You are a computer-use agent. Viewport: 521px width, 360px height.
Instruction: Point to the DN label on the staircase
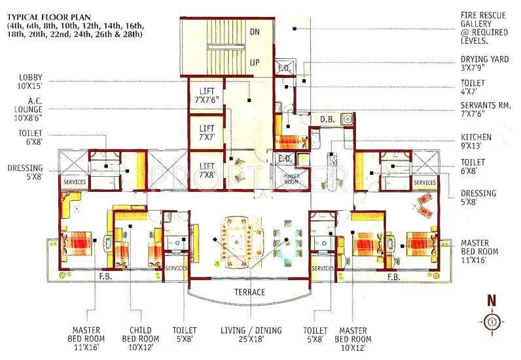pyautogui.click(x=255, y=30)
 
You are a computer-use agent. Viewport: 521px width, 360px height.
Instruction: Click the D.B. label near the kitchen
pyautogui.click(x=327, y=118)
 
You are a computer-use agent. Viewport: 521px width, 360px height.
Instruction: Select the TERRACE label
pyautogui.click(x=248, y=292)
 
